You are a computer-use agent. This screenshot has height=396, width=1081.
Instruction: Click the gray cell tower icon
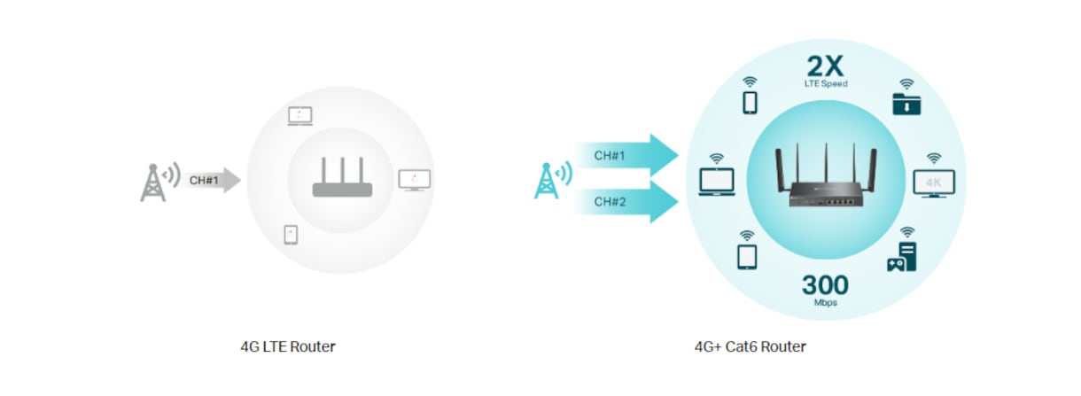[153, 182]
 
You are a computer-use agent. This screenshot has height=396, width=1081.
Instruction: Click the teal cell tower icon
[547, 181]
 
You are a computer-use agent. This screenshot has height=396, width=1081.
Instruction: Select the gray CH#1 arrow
[212, 181]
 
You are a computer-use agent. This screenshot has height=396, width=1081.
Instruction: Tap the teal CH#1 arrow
[627, 155]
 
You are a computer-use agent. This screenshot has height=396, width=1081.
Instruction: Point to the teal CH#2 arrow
[627, 202]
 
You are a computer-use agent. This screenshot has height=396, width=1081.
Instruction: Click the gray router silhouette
[342, 177]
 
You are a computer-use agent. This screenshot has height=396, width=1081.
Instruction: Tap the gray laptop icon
[299, 116]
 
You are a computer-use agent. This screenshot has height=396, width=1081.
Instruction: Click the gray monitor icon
[415, 180]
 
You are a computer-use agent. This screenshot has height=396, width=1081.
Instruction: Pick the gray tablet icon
[291, 235]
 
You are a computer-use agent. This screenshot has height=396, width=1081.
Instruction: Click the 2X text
[825, 66]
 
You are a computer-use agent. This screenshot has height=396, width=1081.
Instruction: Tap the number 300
[825, 285]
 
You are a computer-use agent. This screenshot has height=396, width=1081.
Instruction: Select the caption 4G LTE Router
[288, 346]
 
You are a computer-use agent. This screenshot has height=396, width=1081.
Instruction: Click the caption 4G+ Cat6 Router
[750, 346]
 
